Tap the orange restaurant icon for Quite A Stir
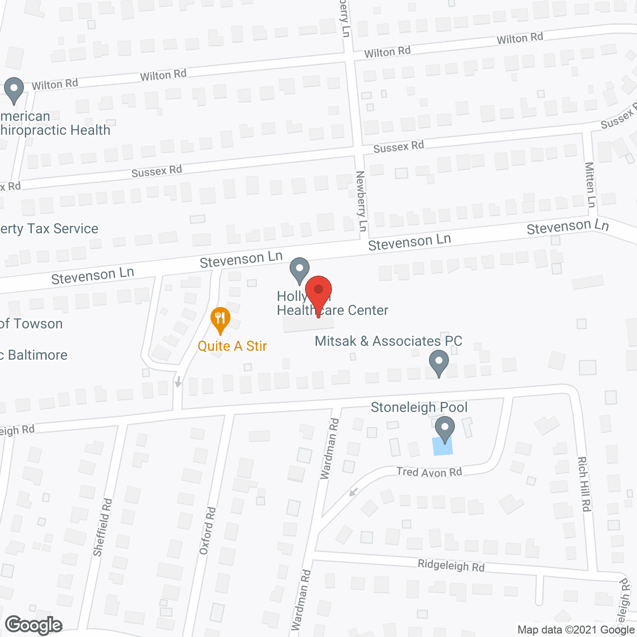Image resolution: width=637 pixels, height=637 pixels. tap(220, 319)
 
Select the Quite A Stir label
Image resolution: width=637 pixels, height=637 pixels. tap(232, 346)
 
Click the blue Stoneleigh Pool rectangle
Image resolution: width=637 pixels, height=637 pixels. tap(443, 447)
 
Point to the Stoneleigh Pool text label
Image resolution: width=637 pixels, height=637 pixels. tap(419, 408)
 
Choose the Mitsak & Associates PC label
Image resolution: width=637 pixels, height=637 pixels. tap(389, 341)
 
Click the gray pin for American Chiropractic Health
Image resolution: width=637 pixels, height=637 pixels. tap(14, 90)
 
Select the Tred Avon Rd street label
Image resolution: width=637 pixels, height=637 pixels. tap(429, 472)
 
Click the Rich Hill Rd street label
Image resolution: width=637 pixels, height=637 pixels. tap(584, 484)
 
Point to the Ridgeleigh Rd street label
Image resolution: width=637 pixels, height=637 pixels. tap(451, 566)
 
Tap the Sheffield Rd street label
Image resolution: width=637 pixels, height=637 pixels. tap(103, 528)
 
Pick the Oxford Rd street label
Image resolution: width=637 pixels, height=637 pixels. tap(208, 531)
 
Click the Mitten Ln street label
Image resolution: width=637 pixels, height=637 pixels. tap(590, 185)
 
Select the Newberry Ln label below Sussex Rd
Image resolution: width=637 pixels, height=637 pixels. tap(361, 201)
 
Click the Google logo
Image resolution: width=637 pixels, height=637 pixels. tap(34, 625)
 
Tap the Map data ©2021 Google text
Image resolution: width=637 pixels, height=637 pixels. tap(576, 630)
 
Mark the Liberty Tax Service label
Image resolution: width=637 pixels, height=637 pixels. tap(49, 229)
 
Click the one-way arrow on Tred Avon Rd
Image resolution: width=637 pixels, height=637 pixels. tap(353, 492)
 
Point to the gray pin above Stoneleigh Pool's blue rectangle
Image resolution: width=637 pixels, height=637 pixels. tap(445, 429)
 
